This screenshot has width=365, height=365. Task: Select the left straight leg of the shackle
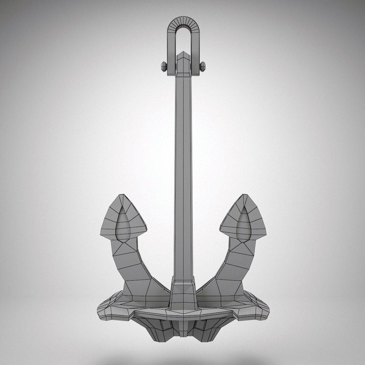tap(171, 51)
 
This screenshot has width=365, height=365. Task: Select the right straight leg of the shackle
tap(195, 51)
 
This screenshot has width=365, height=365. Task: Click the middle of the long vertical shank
tap(183, 169)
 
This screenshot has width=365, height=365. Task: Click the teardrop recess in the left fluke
tap(123, 225)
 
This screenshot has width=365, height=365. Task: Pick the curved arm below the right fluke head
tap(230, 267)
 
